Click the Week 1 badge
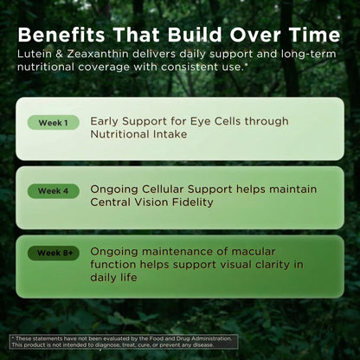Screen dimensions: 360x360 54,123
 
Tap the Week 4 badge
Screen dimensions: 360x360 54,191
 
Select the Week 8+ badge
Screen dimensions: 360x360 54,254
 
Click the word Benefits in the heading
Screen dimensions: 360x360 61,35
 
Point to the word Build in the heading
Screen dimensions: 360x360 195,35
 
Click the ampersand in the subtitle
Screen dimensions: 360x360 59,54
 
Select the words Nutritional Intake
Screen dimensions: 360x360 138,134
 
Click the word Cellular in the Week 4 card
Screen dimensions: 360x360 163,190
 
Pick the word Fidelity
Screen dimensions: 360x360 193,202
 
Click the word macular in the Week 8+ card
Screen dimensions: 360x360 254,252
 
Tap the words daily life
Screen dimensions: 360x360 113,278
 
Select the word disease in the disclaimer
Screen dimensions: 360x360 203,345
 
